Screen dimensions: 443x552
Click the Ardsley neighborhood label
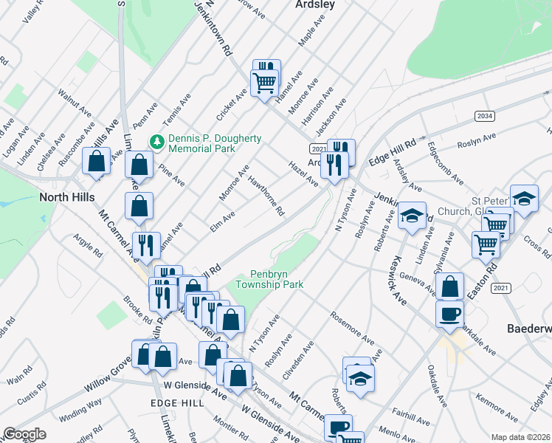[315, 4]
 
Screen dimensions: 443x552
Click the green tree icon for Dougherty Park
[156, 141]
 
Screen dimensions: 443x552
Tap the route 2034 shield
[484, 116]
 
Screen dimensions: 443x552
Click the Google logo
[24, 434]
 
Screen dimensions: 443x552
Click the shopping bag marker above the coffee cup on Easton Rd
[449, 287]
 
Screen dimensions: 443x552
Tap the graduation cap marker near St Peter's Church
[524, 199]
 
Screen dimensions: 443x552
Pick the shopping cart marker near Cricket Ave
[264, 83]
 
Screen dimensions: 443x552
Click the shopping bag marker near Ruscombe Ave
[97, 161]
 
